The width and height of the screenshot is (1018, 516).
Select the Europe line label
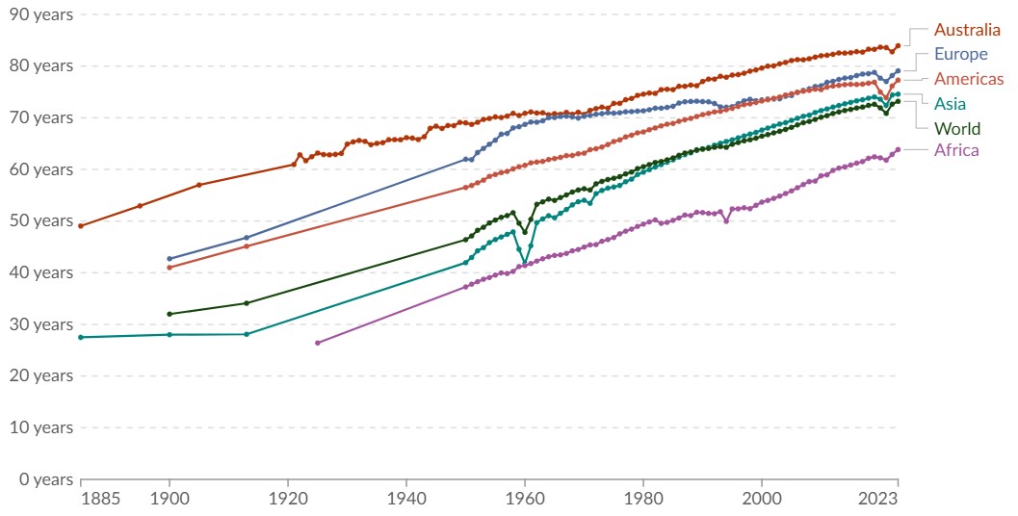(x=961, y=54)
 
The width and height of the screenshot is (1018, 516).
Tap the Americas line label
(x=969, y=79)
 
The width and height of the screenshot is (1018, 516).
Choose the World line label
(x=957, y=129)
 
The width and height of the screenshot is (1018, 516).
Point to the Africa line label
(x=956, y=150)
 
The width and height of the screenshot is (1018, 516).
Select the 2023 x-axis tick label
(x=878, y=499)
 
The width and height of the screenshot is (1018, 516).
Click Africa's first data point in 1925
(x=317, y=343)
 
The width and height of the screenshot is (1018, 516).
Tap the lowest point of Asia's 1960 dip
(x=525, y=261)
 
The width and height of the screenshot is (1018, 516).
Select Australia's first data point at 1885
(x=81, y=225)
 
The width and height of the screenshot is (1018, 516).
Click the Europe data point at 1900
(x=170, y=259)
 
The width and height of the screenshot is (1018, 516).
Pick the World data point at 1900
(x=170, y=314)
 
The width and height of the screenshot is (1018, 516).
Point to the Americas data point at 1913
(x=247, y=246)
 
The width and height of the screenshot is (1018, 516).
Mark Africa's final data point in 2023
(x=898, y=149)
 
